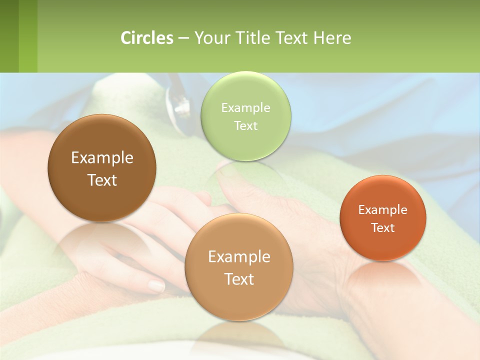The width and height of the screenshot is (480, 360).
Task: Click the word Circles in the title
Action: (147, 38)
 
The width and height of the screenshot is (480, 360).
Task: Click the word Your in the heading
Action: (210, 38)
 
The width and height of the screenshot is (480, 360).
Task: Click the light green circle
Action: (245, 116)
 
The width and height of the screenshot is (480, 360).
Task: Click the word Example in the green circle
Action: (245, 107)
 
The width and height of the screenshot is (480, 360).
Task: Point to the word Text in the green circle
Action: (245, 125)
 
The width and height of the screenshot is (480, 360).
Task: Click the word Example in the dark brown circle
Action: (102, 158)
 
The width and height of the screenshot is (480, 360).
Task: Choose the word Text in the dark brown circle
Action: (102, 180)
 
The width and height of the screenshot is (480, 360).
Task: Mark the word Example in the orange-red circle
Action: (383, 209)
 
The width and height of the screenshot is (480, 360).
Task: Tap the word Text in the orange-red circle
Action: (383, 227)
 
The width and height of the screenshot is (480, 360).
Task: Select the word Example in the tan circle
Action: (239, 256)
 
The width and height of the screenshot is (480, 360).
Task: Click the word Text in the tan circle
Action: (239, 279)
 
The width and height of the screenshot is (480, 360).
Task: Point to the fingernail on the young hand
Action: (156, 286)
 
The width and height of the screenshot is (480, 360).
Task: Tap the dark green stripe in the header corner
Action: (9, 36)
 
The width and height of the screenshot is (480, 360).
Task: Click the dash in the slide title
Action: (183, 38)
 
